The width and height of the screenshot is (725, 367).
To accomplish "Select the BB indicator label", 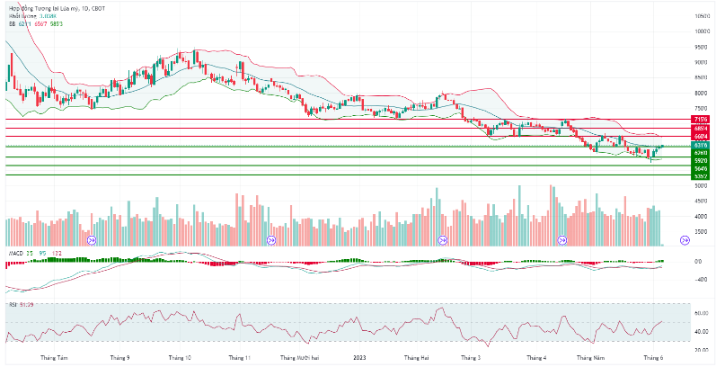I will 13,23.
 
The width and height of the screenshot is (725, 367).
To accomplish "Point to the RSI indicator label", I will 13,304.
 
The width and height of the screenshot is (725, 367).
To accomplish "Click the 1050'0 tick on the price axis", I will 703,16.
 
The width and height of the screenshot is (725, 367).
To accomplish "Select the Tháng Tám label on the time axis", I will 53,358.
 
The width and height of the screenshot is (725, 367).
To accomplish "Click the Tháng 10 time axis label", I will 181,358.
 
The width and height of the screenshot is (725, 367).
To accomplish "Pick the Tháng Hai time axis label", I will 415,358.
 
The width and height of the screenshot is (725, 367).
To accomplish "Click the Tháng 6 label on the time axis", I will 653,358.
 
